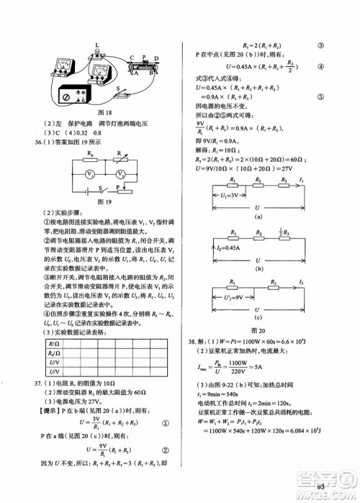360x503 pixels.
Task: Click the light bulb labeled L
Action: [x=96, y=54]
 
